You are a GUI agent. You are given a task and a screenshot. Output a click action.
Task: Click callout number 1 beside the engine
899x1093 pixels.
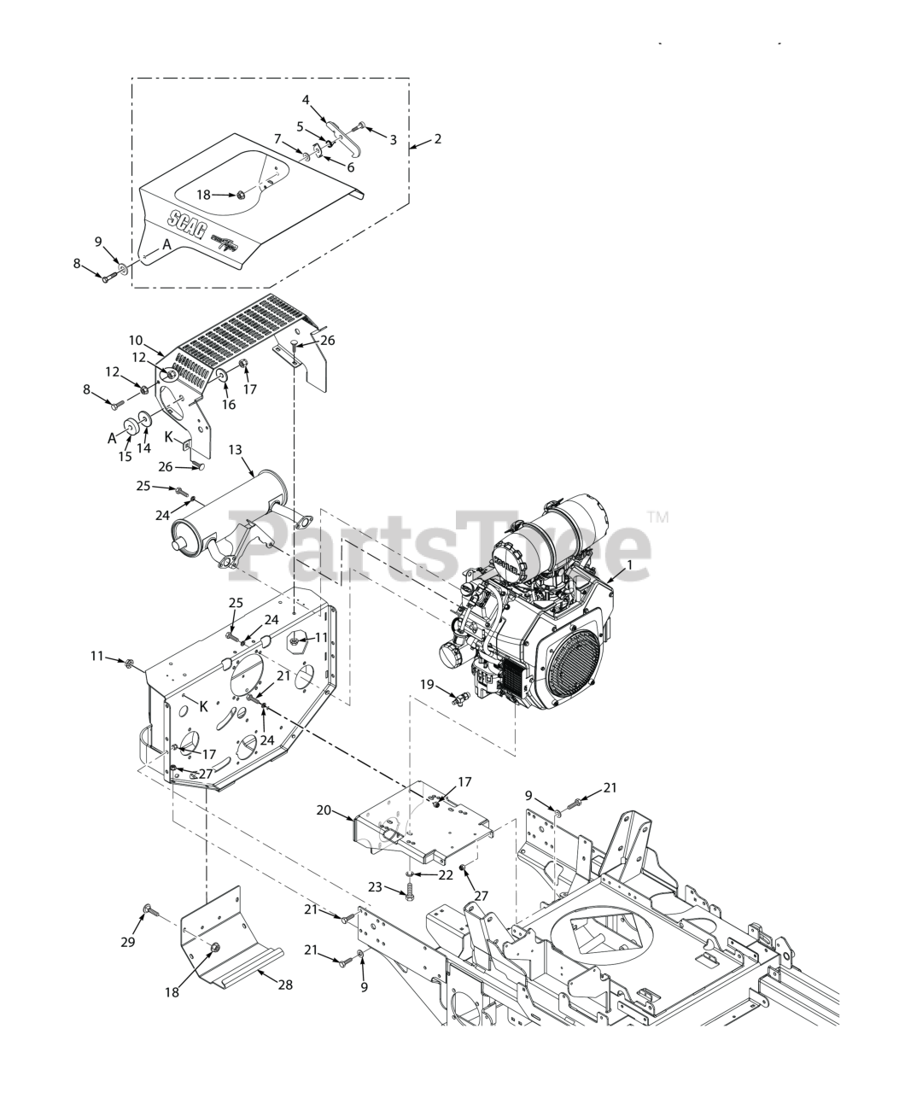[629, 564]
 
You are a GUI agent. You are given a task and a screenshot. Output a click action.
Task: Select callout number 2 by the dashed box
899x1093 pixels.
[437, 138]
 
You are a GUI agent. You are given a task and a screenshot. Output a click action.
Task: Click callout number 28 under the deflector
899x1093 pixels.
[285, 985]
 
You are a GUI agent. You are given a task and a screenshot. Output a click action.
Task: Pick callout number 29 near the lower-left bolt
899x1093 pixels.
[128, 940]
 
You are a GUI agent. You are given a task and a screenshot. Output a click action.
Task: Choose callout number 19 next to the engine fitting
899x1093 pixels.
[427, 684]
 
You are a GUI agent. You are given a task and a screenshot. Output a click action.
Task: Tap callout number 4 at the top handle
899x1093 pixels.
[306, 100]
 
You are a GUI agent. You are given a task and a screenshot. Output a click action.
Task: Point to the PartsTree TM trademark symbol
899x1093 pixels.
[658, 517]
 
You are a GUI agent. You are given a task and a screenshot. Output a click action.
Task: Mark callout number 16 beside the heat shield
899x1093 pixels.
[228, 405]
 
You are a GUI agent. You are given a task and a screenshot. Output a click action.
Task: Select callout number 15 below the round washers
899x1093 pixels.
[126, 457]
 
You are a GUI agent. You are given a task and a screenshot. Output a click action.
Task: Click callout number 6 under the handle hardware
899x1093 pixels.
[350, 167]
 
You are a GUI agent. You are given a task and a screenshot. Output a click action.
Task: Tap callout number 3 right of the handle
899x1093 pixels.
[393, 140]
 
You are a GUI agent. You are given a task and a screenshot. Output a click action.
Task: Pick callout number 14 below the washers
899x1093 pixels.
[144, 447]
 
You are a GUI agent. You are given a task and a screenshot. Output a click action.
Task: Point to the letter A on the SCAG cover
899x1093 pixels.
[167, 244]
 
